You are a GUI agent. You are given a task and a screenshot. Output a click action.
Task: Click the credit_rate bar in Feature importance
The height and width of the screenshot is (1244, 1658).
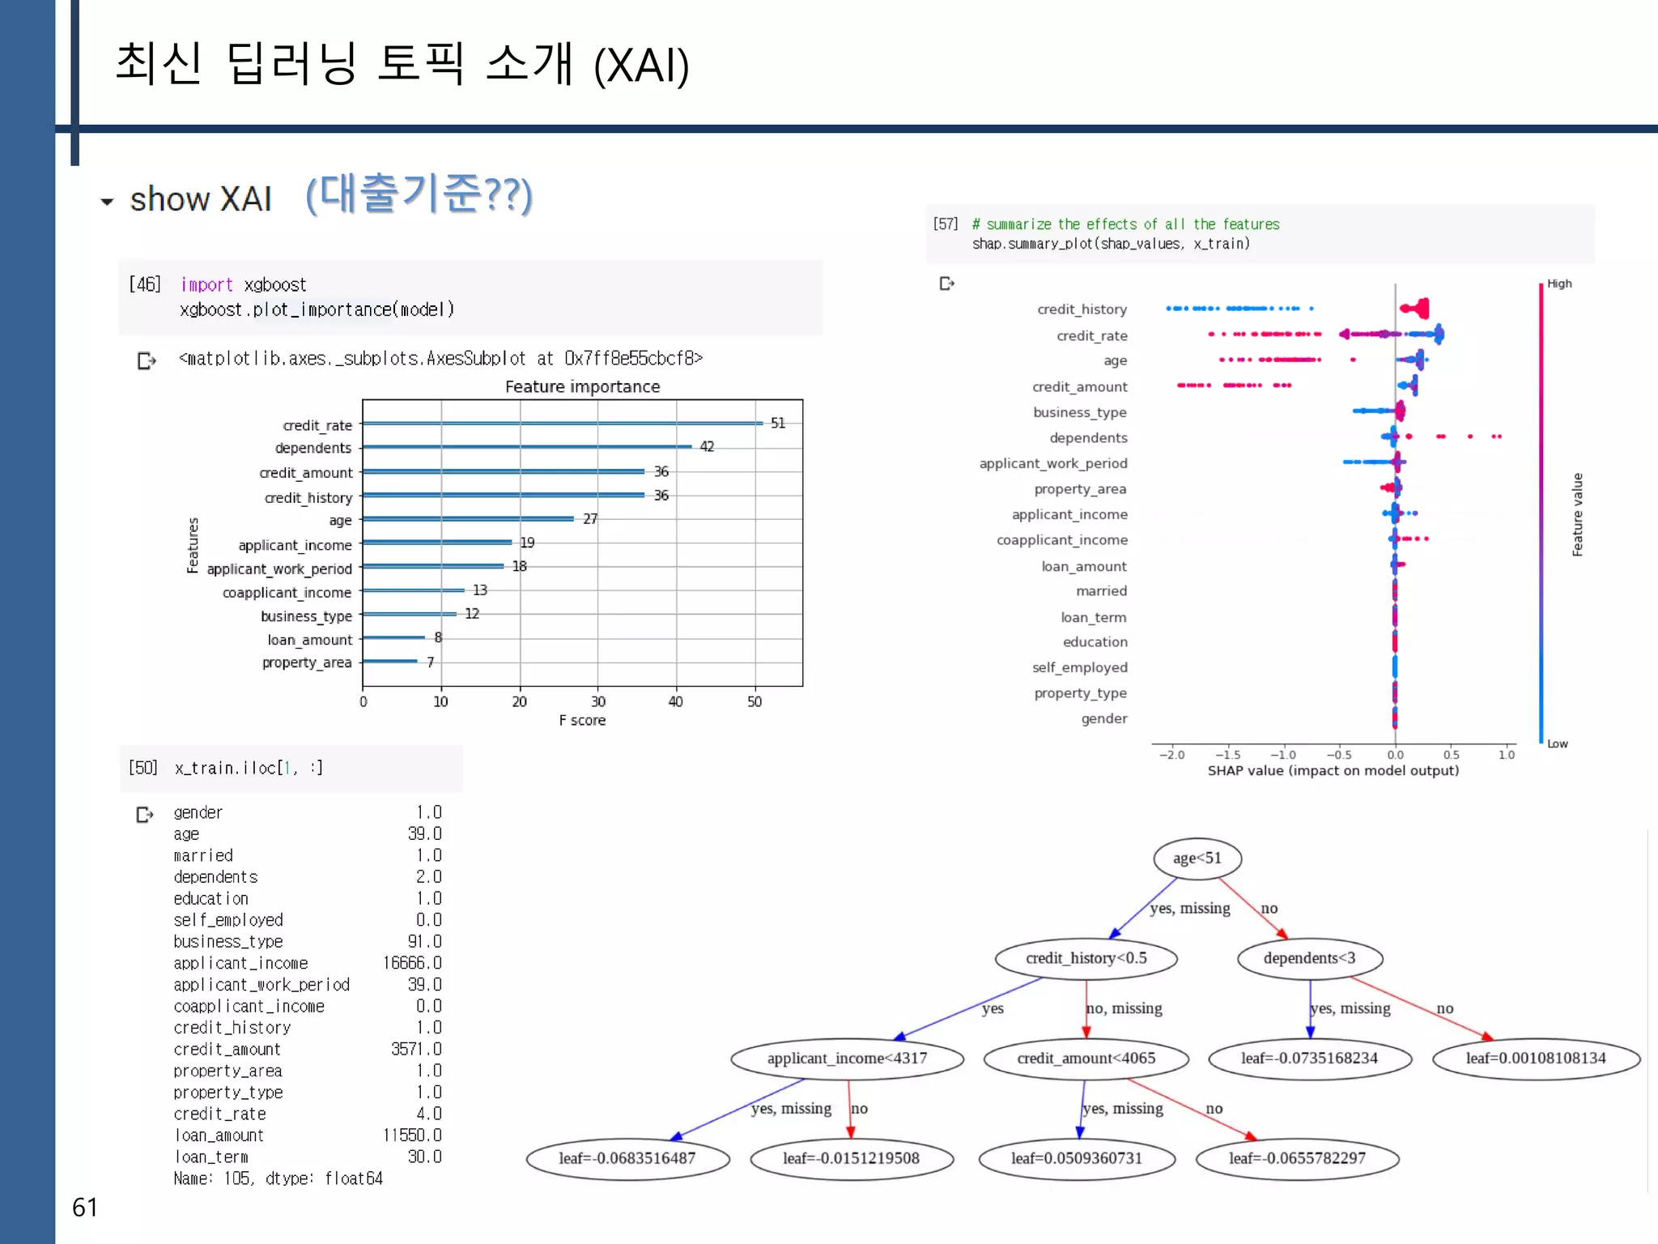[x=563, y=423]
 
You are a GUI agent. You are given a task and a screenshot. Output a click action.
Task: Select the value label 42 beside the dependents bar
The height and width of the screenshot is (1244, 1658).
[x=707, y=446]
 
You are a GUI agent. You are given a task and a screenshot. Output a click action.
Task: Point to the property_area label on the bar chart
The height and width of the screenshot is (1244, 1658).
[x=307, y=662]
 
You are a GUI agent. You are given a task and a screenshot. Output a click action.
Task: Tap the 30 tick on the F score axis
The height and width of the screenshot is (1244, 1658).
[x=597, y=701]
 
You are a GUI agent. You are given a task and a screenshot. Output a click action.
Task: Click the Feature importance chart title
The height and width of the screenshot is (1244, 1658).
[x=582, y=386]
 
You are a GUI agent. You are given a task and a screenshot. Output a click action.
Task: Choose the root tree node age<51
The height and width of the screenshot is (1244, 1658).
[x=1197, y=858]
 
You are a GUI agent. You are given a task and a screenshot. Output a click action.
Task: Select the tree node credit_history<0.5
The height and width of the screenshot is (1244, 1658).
[x=1086, y=958]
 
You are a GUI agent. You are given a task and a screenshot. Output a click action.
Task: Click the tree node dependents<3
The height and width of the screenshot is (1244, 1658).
[x=1309, y=958]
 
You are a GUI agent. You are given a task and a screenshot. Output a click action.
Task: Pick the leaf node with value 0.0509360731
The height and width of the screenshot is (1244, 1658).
[x=1076, y=1158]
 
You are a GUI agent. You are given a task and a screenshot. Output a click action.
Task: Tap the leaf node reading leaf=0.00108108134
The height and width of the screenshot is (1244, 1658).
[x=1535, y=1058]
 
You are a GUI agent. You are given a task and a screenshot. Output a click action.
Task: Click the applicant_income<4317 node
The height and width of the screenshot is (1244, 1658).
[x=847, y=1058]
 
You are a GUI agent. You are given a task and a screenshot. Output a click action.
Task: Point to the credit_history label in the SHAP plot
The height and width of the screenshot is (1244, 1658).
[x=1082, y=309]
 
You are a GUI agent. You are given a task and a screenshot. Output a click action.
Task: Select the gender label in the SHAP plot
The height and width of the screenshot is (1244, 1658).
[x=1103, y=718]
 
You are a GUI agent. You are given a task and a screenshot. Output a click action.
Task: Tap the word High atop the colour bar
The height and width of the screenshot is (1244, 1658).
[x=1559, y=283]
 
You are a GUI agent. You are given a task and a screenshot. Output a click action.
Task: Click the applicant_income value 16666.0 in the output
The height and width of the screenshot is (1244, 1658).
[x=412, y=963]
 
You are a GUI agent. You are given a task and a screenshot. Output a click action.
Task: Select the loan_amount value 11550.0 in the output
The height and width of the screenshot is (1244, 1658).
[x=412, y=1135]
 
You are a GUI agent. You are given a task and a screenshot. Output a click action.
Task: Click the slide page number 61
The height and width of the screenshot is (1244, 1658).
[x=85, y=1208]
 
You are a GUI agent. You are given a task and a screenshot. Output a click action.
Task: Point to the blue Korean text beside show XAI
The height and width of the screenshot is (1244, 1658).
[x=419, y=194]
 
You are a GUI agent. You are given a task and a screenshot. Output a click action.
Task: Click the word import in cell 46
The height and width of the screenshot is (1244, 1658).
[x=206, y=285]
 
